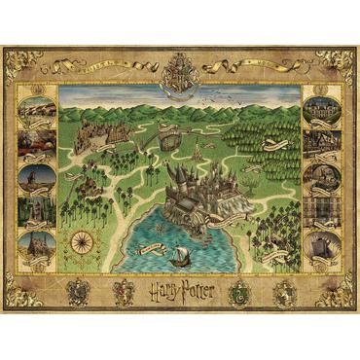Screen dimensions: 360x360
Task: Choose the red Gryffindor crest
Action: click(x=121, y=290)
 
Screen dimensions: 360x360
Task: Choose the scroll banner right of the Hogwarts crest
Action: click(x=234, y=66)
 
